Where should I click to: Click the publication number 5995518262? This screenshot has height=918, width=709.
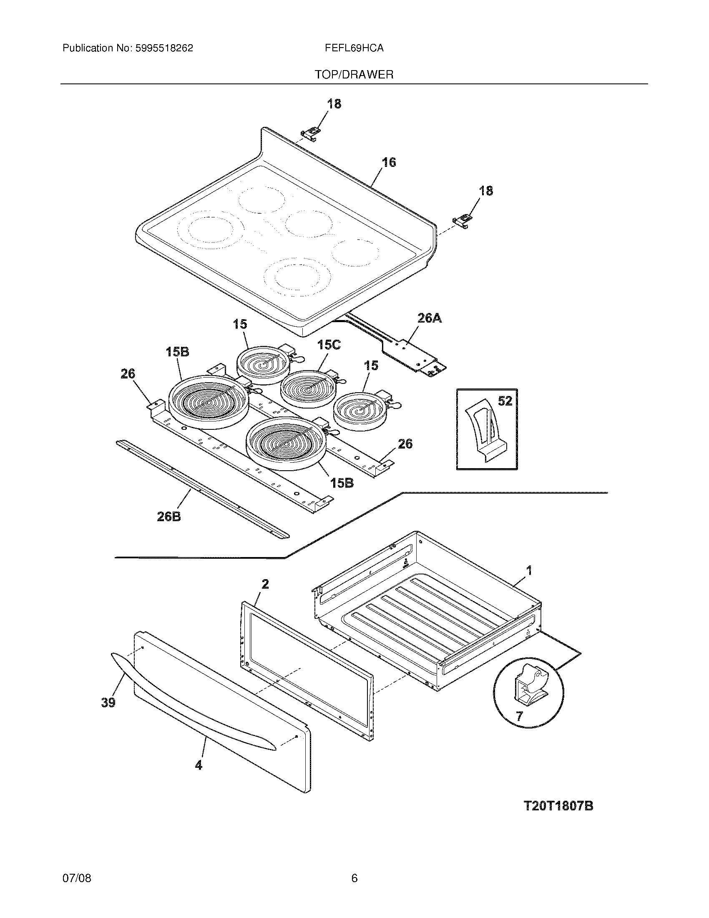pos(164,48)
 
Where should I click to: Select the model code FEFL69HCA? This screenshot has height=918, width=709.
pos(354,48)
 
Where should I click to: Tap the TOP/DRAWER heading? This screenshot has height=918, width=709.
pos(354,75)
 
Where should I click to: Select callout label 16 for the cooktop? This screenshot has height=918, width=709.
pos(389,162)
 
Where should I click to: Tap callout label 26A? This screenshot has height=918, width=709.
pos(429,318)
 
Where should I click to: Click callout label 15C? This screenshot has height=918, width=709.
pos(329,345)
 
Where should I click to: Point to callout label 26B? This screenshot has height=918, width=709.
pos(169,517)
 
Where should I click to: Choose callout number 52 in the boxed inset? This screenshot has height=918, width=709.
pos(505,401)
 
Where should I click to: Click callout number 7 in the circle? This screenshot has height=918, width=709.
pos(519,716)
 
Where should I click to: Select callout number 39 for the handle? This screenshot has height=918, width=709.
pos(108,702)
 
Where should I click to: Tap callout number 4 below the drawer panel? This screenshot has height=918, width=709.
pos(198,765)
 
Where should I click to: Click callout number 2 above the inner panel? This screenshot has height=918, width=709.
pos(264,584)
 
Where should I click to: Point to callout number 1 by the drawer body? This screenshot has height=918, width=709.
pos(529,570)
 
